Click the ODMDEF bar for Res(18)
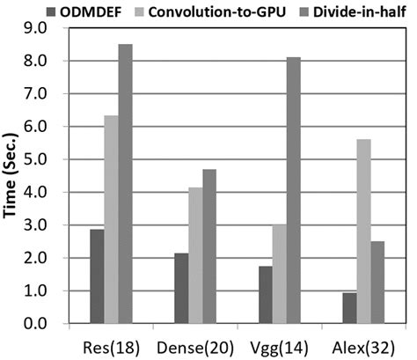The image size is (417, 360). coord(97,276)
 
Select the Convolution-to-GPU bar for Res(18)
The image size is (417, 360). coord(111,220)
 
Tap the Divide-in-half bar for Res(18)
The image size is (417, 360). coord(126,184)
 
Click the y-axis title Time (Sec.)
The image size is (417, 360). coord(13,176)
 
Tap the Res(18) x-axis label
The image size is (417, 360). coord(111,345)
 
